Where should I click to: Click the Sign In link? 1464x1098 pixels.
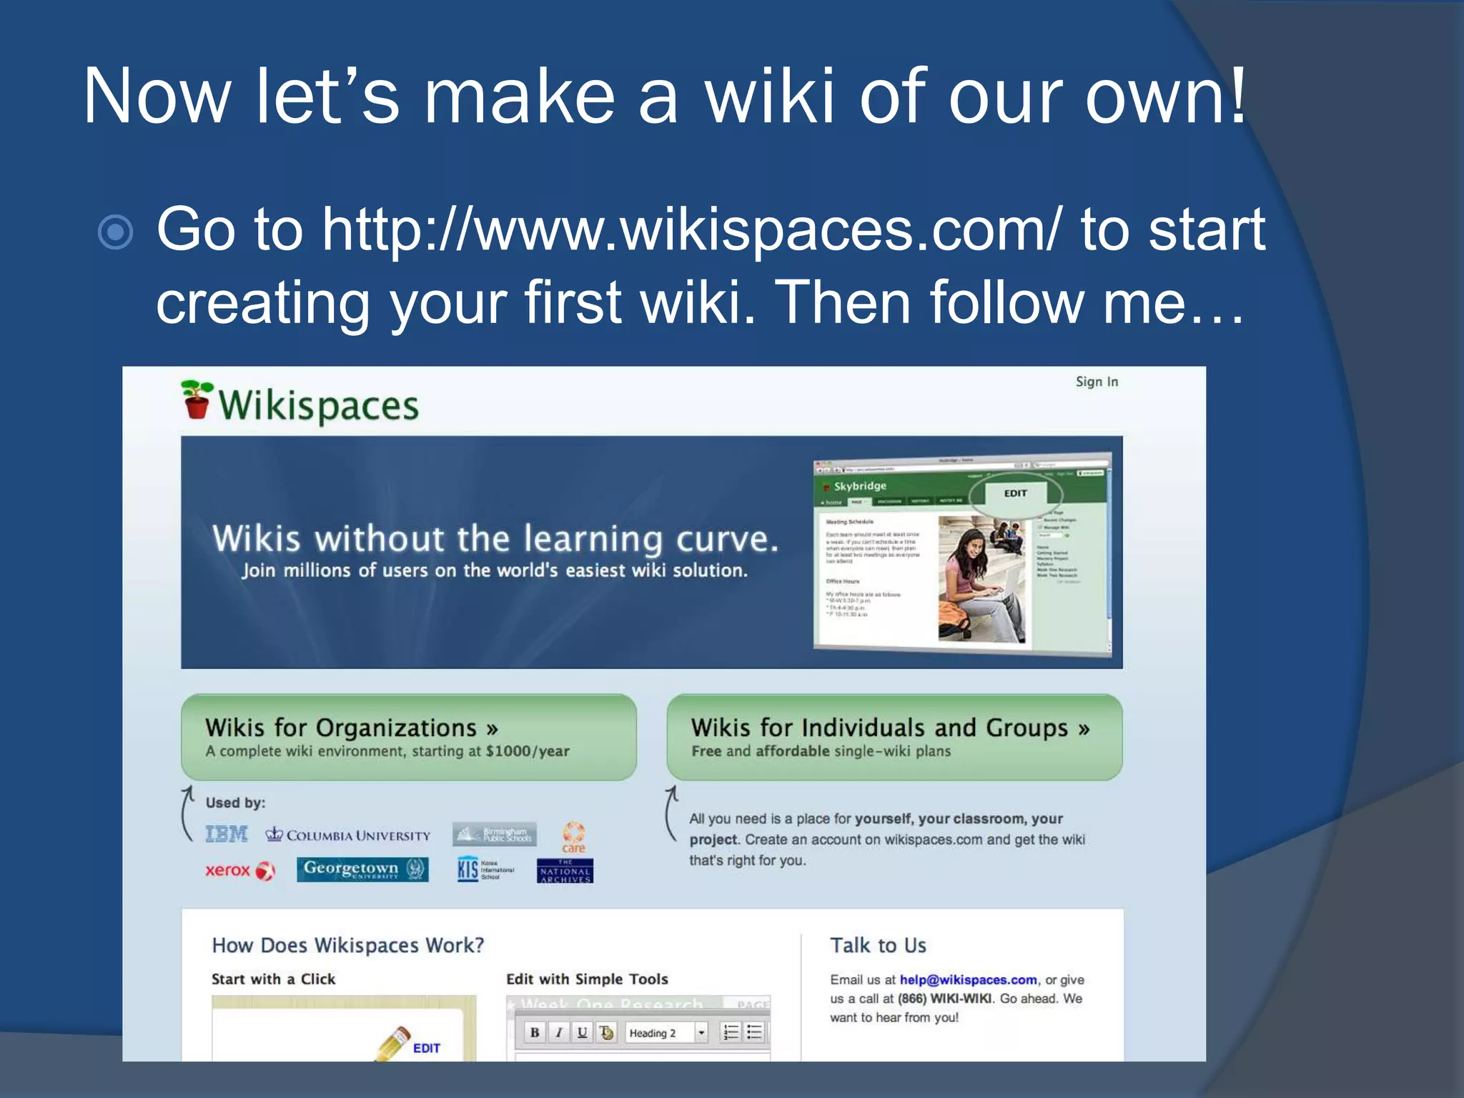click(x=1097, y=382)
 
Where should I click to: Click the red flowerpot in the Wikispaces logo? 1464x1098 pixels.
click(x=197, y=406)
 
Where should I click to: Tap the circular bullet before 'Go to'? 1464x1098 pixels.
click(x=116, y=232)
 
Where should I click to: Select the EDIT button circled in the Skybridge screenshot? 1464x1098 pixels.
click(x=1015, y=493)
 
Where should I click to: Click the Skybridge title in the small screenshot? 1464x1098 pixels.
click(x=860, y=486)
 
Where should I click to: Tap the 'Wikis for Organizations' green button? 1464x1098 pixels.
click(x=408, y=737)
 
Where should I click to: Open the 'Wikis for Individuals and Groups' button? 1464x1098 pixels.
click(x=894, y=737)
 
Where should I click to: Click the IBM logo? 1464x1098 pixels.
click(x=227, y=834)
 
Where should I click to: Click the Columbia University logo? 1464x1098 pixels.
click(x=348, y=835)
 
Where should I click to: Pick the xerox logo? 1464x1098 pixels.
click(x=239, y=870)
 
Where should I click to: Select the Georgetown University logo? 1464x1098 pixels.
click(x=362, y=869)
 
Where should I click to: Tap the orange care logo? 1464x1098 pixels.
click(x=573, y=837)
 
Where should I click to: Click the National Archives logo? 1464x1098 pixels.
click(x=565, y=871)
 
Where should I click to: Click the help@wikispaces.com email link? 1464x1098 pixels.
click(x=968, y=980)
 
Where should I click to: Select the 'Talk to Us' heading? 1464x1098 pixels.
click(x=878, y=946)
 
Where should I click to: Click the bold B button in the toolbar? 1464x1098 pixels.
click(x=534, y=1032)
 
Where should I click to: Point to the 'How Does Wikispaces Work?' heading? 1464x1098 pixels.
click(x=347, y=946)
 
